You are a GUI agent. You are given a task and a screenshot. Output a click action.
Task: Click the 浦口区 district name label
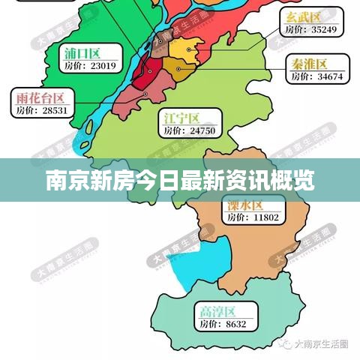82,52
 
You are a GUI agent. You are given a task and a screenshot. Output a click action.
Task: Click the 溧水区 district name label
244,205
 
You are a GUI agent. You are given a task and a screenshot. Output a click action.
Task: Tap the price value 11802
263,217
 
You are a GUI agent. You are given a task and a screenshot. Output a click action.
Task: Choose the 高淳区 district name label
217,310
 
